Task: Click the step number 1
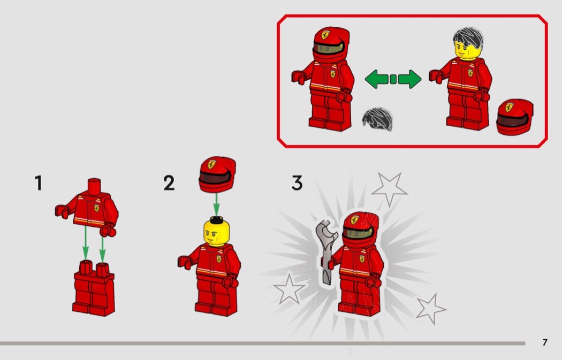[x=39, y=183]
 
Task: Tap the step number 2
[x=169, y=183]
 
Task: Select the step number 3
[x=297, y=183]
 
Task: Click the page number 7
[x=545, y=342]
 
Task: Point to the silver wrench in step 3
[x=327, y=251]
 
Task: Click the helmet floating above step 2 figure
[x=217, y=174]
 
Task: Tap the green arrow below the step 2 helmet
[x=216, y=204]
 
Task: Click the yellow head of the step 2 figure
[x=216, y=233]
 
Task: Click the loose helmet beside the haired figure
[x=515, y=117]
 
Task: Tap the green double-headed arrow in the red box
[x=393, y=79]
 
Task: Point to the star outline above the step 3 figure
[x=389, y=189]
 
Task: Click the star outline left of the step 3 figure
[x=289, y=289]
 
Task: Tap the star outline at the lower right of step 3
[x=430, y=309]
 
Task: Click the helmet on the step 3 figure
[x=360, y=230]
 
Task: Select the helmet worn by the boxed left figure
[x=331, y=45]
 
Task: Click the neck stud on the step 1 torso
[x=94, y=186]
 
